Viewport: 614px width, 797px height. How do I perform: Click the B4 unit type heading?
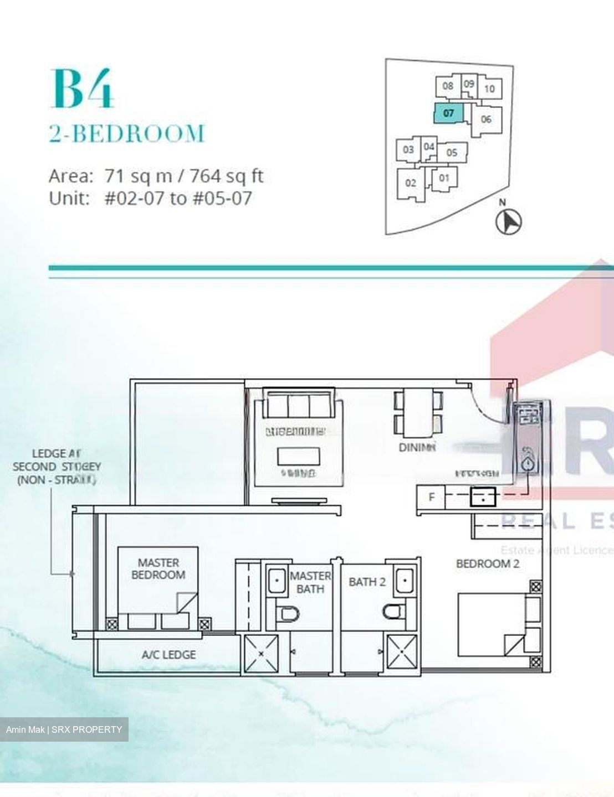pos(83,89)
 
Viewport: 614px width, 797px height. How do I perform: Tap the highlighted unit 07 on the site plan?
pos(448,113)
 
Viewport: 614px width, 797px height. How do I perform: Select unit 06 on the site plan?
pos(486,119)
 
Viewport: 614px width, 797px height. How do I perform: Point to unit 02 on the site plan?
pos(411,183)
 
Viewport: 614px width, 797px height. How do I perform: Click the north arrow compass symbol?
pos(508,222)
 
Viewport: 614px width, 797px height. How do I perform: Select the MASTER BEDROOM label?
pos(158,569)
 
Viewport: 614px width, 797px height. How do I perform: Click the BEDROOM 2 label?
pos(488,564)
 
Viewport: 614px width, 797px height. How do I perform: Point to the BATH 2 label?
pos(367,582)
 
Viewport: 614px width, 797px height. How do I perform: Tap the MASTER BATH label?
pos(310,582)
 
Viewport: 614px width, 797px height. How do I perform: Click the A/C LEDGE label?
pos(168,655)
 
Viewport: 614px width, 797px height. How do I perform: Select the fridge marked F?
pos(432,497)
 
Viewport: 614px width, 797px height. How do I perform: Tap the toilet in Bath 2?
pos(394,612)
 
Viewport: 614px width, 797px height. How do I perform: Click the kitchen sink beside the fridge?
pos(483,497)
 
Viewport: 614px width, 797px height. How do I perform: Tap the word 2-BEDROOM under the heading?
pos(127,134)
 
